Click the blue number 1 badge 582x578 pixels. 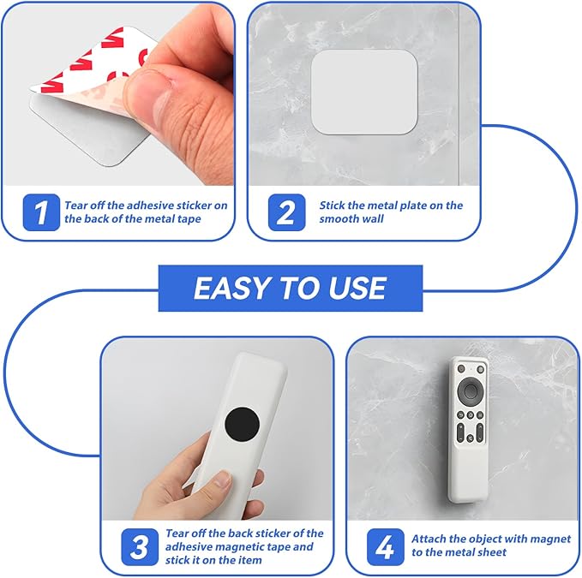pos(41,212)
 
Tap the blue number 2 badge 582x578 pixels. pos(286,212)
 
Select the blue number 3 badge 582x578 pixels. pos(140,547)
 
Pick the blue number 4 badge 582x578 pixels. pos(385,547)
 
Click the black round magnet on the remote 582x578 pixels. pos(242,424)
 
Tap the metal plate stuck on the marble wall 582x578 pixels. pos(364,92)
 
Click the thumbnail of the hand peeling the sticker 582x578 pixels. pos(119,94)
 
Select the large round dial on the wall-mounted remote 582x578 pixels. pos(471,390)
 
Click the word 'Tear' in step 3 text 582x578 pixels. pos(177,533)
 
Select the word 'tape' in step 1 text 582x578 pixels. pos(189,219)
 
